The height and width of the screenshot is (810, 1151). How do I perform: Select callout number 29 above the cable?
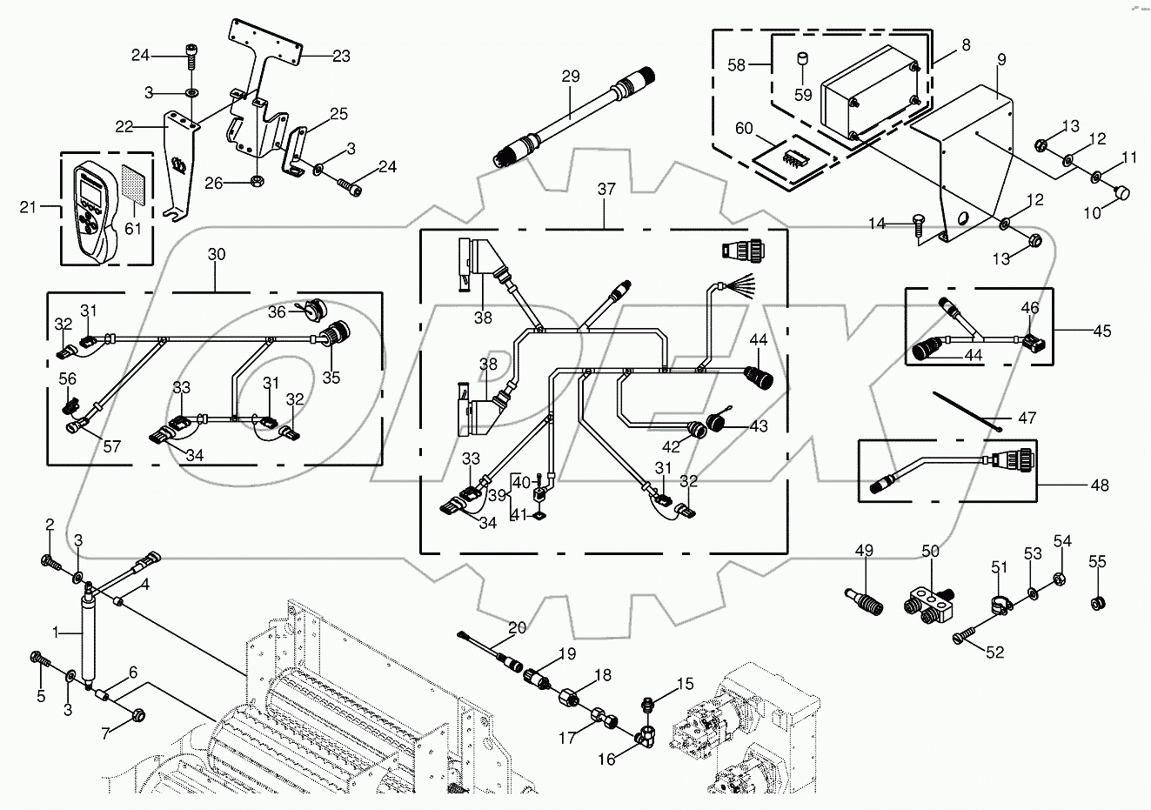tap(570, 76)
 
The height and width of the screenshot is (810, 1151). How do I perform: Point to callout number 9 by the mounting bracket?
tap(1001, 59)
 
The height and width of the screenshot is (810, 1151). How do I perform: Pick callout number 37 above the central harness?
tap(606, 189)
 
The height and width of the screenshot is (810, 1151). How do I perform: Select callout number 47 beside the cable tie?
tap(1027, 418)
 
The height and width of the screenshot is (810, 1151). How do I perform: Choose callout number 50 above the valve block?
tap(930, 552)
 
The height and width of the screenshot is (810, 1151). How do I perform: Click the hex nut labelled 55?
tap(1098, 602)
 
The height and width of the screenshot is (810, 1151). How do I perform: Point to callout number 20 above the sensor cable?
tap(518, 627)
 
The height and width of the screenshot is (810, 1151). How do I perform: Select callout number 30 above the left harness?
tap(216, 254)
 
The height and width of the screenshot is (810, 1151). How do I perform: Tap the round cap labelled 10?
tap(1120, 193)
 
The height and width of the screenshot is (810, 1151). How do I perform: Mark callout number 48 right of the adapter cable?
tap(1100, 485)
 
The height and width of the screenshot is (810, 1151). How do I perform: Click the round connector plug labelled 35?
tap(334, 338)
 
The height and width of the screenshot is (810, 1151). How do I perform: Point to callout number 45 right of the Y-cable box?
tap(1103, 331)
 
